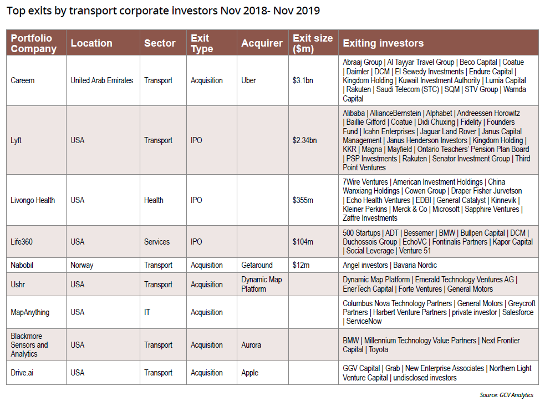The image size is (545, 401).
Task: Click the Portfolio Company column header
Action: [33, 43]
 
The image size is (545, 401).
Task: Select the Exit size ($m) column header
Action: [312, 43]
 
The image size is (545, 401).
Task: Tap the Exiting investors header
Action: [383, 43]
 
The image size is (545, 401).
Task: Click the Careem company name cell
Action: [23, 80]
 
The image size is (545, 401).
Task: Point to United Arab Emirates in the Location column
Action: [101, 80]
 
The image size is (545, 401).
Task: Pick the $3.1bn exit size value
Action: [303, 80]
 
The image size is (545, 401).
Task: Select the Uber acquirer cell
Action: [248, 80]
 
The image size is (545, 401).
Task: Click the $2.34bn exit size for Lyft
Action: [305, 140]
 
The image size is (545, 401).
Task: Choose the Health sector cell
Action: [154, 200]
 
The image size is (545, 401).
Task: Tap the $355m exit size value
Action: [303, 200]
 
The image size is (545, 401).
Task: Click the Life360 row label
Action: [23, 242]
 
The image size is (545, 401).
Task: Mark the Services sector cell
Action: [157, 242]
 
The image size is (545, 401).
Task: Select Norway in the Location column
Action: [82, 265]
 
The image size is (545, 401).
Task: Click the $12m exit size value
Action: [300, 265]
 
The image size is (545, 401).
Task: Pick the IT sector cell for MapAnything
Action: [147, 312]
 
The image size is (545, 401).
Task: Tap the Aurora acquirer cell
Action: [251, 345]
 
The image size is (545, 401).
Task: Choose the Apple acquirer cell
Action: [249, 373]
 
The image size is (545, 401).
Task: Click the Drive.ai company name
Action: [23, 373]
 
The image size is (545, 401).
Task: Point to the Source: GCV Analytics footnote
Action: [506, 395]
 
